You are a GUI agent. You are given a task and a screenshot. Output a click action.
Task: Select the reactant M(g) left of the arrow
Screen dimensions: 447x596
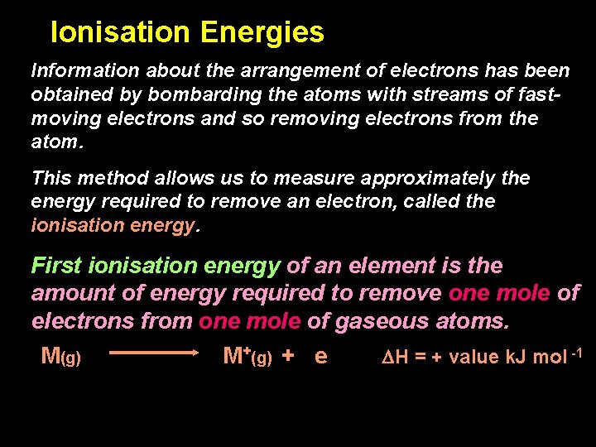point(60,357)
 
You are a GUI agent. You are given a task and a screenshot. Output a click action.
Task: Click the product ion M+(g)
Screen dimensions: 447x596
point(248,357)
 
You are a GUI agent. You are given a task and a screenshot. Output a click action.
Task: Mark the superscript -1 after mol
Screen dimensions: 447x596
point(577,353)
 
